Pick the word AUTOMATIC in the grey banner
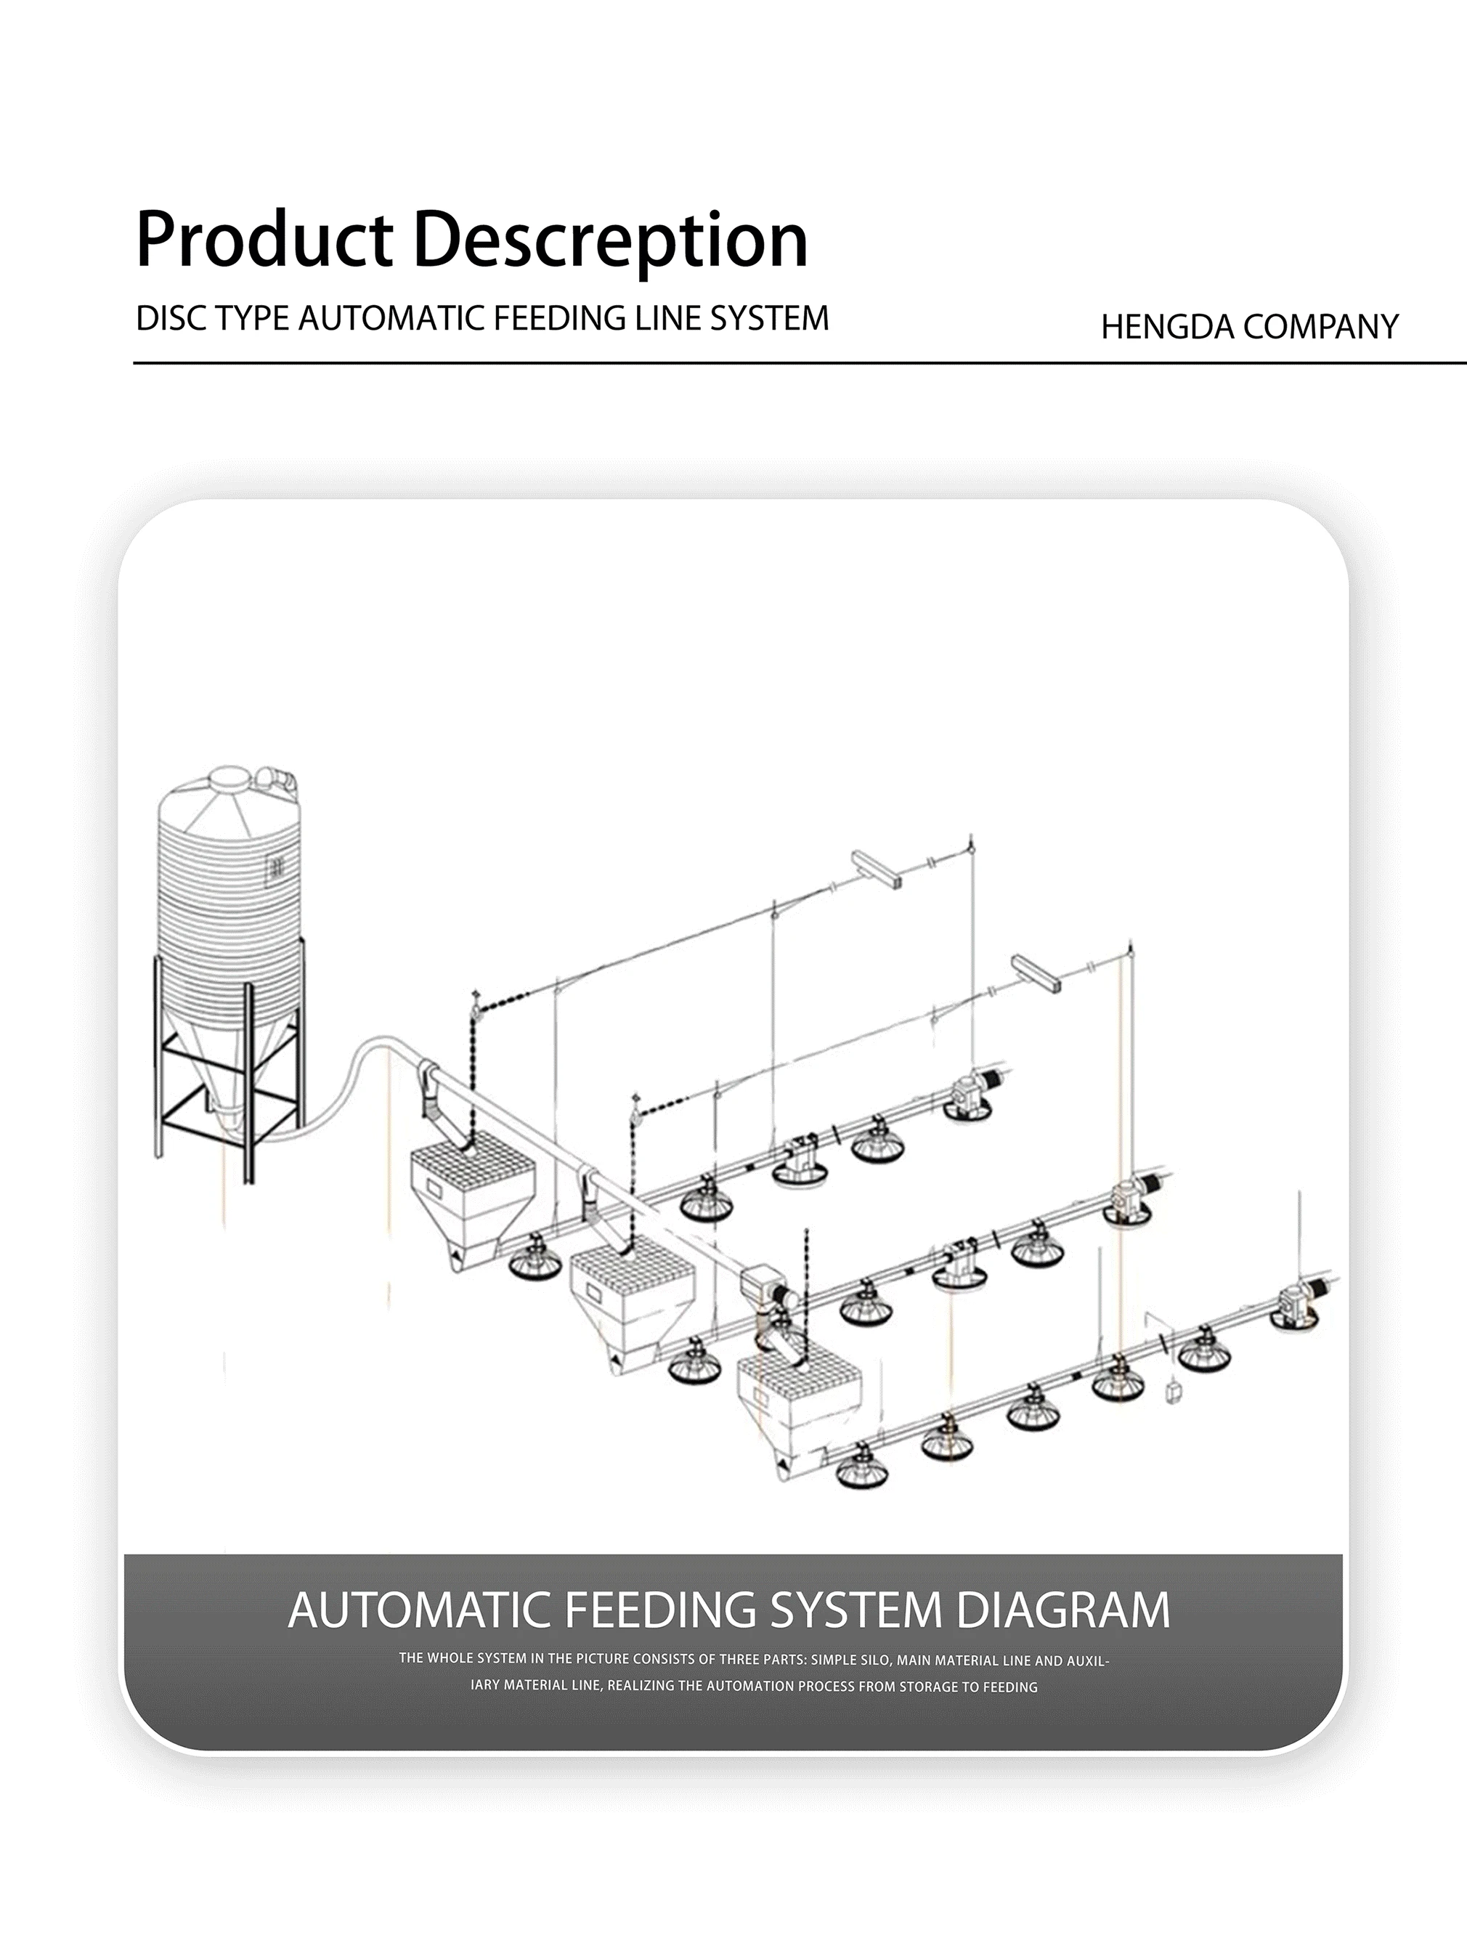pos(425,1610)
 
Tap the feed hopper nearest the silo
pos(472,1196)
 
